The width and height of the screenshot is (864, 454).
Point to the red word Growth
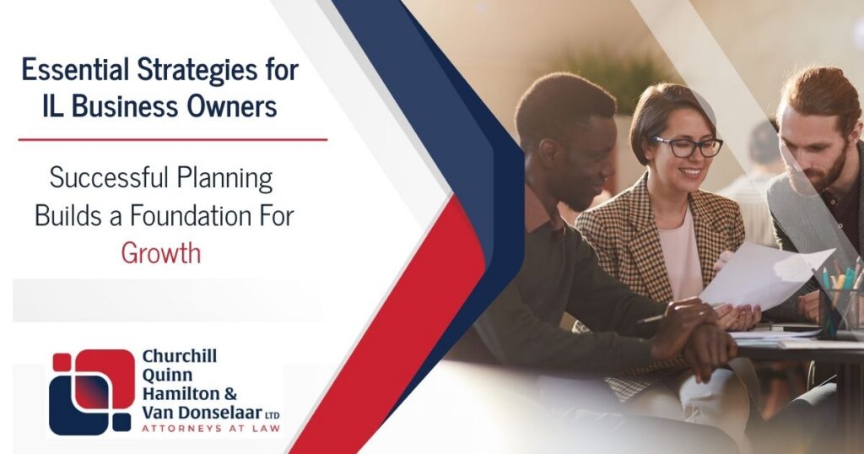click(x=160, y=252)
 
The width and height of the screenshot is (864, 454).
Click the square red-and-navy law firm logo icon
click(x=90, y=392)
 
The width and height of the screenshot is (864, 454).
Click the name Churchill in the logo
click(x=179, y=357)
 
